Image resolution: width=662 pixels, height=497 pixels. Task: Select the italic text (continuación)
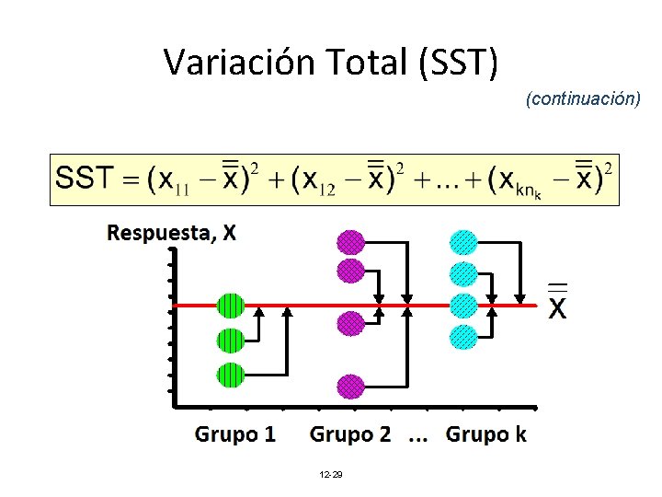(x=583, y=98)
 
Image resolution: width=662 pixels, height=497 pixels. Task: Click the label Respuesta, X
(x=171, y=233)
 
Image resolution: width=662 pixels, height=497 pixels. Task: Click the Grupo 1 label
(x=235, y=433)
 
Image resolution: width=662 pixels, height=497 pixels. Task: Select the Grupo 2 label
(x=350, y=433)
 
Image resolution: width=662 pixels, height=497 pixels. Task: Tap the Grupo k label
(x=486, y=433)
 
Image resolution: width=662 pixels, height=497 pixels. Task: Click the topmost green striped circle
(x=231, y=305)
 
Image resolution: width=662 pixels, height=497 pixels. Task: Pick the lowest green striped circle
(x=231, y=375)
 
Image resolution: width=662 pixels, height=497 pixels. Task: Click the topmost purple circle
(x=350, y=242)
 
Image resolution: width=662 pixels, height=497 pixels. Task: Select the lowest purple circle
(x=350, y=386)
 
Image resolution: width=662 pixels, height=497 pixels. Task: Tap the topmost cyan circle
(x=463, y=242)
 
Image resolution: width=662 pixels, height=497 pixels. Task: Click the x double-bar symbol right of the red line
(x=558, y=302)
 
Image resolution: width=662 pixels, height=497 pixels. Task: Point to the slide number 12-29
(x=330, y=474)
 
